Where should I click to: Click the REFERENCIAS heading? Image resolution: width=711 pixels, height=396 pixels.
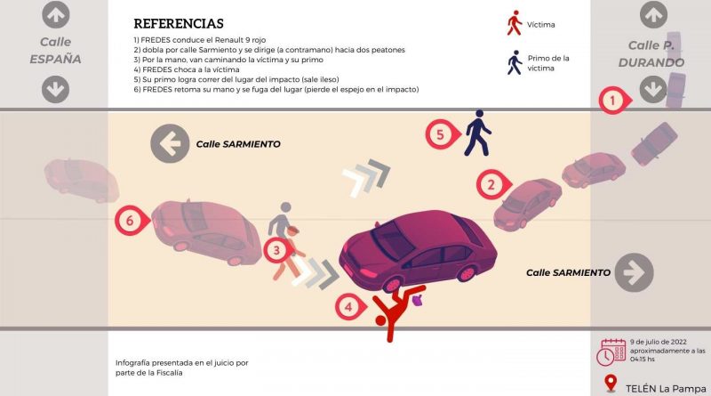[x=179, y=24]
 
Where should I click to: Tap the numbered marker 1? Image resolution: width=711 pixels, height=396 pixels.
[x=614, y=100]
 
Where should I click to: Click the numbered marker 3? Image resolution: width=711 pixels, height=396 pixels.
[x=277, y=250]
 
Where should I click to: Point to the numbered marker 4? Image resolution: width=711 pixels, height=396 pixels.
[x=350, y=306]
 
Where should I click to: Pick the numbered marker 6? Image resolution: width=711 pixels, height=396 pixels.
[x=132, y=221]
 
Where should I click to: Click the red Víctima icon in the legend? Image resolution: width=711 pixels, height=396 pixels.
[x=515, y=23]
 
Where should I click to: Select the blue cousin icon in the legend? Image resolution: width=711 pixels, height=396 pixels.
[x=515, y=62]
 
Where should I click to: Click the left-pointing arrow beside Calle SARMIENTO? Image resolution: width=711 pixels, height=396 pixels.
[x=170, y=143]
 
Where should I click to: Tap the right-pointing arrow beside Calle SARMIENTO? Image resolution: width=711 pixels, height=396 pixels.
[x=634, y=272]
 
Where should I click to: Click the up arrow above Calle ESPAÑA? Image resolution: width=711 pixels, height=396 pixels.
[x=55, y=14]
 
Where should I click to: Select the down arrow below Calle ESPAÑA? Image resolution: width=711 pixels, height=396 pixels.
[x=55, y=90]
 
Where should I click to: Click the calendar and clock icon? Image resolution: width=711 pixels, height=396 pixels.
[x=611, y=352]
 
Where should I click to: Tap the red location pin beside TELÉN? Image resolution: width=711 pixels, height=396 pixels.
[x=611, y=384]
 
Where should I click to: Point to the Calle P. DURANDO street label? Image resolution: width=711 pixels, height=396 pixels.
[x=651, y=54]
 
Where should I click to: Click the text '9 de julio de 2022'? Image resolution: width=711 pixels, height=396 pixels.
[x=658, y=342]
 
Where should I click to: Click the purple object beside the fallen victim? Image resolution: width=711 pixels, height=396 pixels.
[x=418, y=300]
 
